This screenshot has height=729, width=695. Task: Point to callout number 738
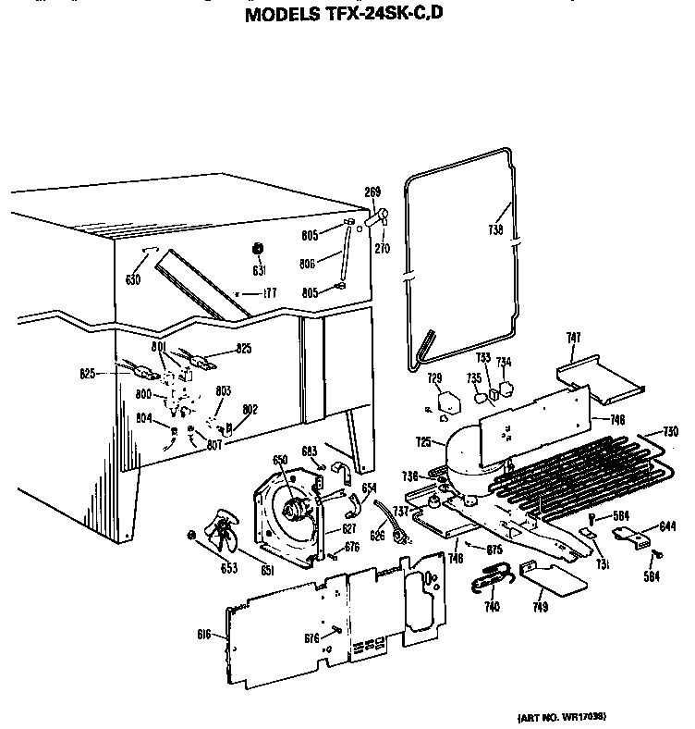tap(495, 230)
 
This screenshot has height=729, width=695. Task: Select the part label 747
tap(573, 340)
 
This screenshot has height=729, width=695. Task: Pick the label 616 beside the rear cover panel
tap(204, 635)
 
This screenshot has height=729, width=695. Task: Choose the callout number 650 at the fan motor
tap(278, 460)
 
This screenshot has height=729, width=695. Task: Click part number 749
tap(540, 607)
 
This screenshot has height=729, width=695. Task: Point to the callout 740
tap(491, 606)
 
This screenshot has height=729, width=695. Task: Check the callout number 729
tap(434, 378)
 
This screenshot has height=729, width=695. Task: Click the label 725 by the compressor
tap(424, 442)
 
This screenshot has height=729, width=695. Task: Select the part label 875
tap(494, 550)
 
